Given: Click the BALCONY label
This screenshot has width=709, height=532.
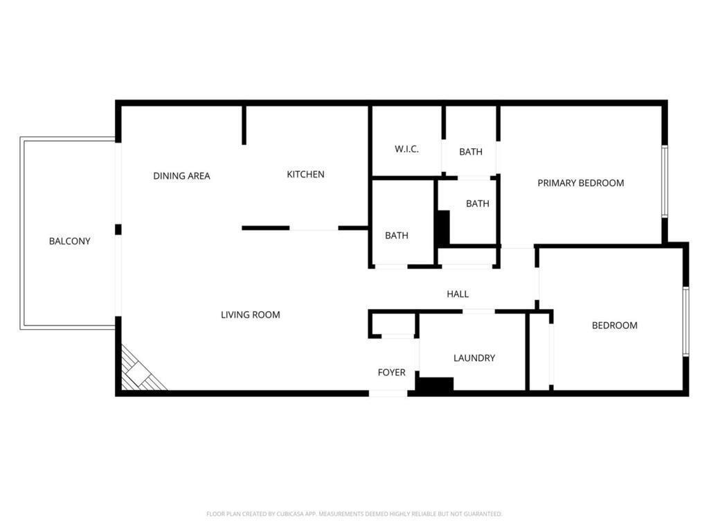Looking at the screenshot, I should point(69,242).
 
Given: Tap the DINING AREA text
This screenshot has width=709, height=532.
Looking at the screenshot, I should point(181,176).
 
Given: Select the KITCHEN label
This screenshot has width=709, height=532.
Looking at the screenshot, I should point(305,175).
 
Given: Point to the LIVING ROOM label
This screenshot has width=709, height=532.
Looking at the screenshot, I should point(250,315).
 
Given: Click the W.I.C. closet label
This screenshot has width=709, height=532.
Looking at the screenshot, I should point(406,149).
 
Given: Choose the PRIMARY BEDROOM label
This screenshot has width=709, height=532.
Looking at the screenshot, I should point(580,184).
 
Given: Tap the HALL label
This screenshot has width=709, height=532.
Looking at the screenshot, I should point(458,294).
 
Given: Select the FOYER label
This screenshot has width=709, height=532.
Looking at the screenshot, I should point(391,373).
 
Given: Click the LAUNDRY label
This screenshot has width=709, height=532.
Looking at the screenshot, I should point(474,358).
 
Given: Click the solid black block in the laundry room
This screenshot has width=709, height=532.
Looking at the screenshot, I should point(434,384).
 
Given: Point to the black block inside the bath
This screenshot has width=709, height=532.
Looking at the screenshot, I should point(442,227).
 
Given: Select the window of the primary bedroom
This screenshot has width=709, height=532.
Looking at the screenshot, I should point(664,181).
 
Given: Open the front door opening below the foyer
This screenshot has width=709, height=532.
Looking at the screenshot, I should point(388,393).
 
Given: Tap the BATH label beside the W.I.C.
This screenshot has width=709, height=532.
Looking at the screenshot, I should point(471,152).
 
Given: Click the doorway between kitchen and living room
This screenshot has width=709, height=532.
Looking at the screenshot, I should point(314,229).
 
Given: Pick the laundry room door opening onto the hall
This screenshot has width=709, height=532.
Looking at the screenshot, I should point(478,312).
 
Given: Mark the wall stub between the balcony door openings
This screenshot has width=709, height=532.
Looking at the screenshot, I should point(118,229).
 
